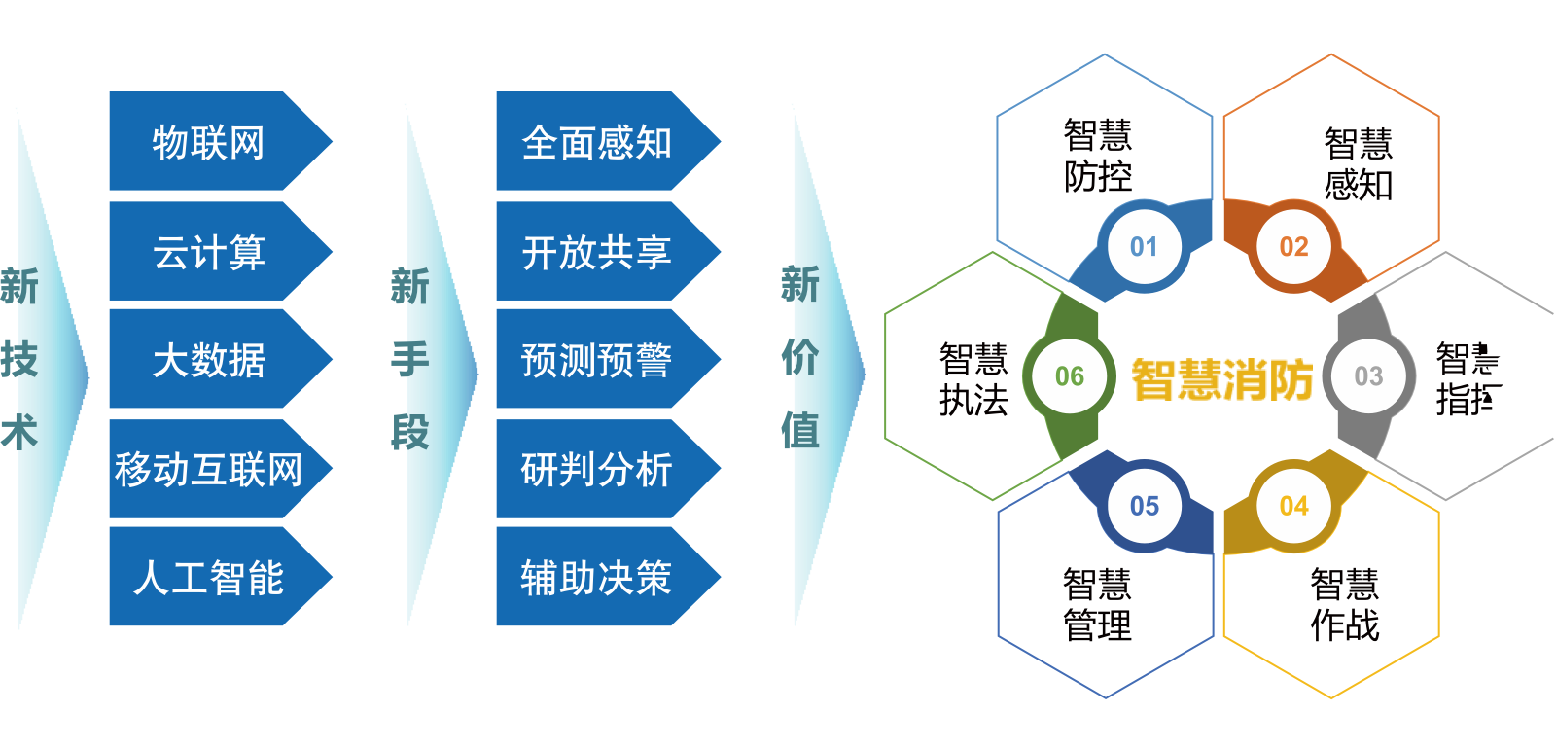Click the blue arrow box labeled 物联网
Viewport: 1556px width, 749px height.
pyautogui.click(x=209, y=142)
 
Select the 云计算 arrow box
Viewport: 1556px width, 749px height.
pyautogui.click(x=209, y=252)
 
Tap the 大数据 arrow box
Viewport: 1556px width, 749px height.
pyautogui.click(x=209, y=360)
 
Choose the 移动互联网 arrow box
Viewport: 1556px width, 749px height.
pyautogui.click(x=209, y=469)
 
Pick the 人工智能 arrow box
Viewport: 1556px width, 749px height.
pyautogui.click(x=209, y=577)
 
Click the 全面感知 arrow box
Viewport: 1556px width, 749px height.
pyautogui.click(x=596, y=142)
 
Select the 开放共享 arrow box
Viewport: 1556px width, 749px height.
pyautogui.click(x=596, y=252)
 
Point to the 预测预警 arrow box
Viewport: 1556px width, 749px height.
pyautogui.click(x=596, y=360)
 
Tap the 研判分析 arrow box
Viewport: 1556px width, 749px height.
pyautogui.click(x=596, y=469)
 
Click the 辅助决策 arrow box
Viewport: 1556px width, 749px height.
pyautogui.click(x=596, y=577)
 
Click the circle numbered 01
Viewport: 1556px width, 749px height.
pyautogui.click(x=1144, y=247)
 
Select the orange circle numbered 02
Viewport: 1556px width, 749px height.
pyautogui.click(x=1293, y=247)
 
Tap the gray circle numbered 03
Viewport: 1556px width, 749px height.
pyautogui.click(x=1368, y=376)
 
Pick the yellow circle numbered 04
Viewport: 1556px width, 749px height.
pyautogui.click(x=1293, y=506)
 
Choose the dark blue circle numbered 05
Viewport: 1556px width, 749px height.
pyautogui.click(x=1144, y=506)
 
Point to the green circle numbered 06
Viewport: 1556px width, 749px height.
pyautogui.click(x=1070, y=376)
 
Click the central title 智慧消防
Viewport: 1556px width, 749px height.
pyautogui.click(x=1221, y=379)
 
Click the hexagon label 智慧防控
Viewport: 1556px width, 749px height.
pyautogui.click(x=1098, y=156)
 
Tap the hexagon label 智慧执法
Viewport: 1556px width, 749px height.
pyautogui.click(x=973, y=379)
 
